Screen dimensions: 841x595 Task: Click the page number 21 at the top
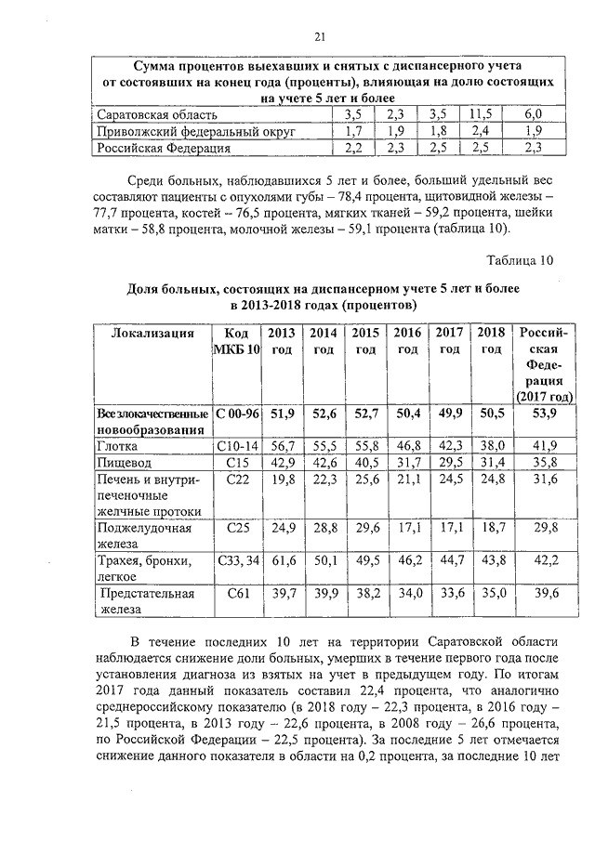[x=319, y=37]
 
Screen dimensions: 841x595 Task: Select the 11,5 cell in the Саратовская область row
[x=481, y=114]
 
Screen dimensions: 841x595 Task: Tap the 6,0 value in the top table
[x=533, y=114]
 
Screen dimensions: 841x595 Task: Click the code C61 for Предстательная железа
[x=236, y=593]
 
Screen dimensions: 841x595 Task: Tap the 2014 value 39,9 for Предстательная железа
[x=323, y=593]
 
